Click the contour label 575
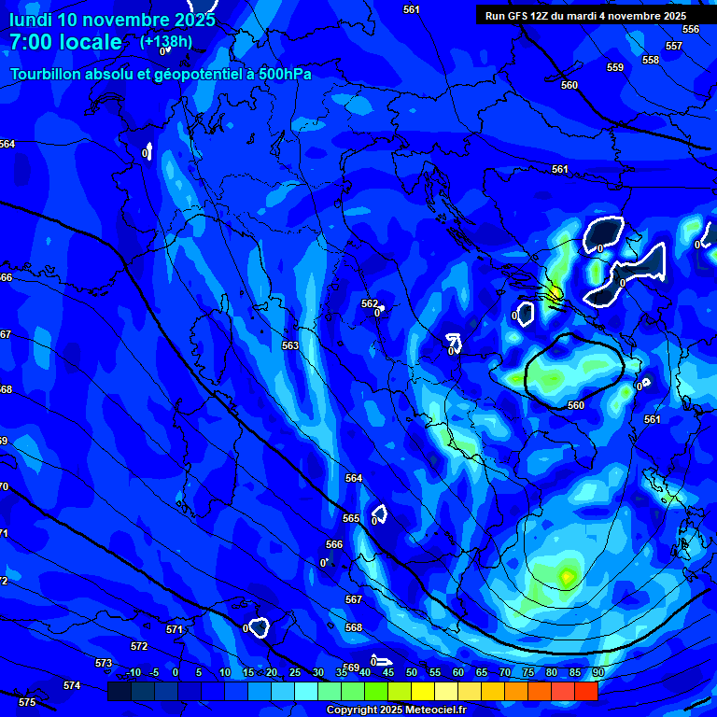pos(27,702)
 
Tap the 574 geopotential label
pos(72,685)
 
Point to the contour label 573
pos(104,663)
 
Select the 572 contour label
pos(139,646)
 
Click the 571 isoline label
pos(175,629)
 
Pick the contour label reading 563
pos(290,345)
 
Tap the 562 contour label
pos(370,303)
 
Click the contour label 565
pos(351,518)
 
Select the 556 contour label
pos(691,29)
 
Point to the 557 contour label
pos(674,46)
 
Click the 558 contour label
pos(651,60)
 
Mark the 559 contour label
pos(615,67)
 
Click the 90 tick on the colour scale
pos(597,672)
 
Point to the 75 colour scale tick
pos(528,672)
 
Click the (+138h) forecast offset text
pos(165,42)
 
